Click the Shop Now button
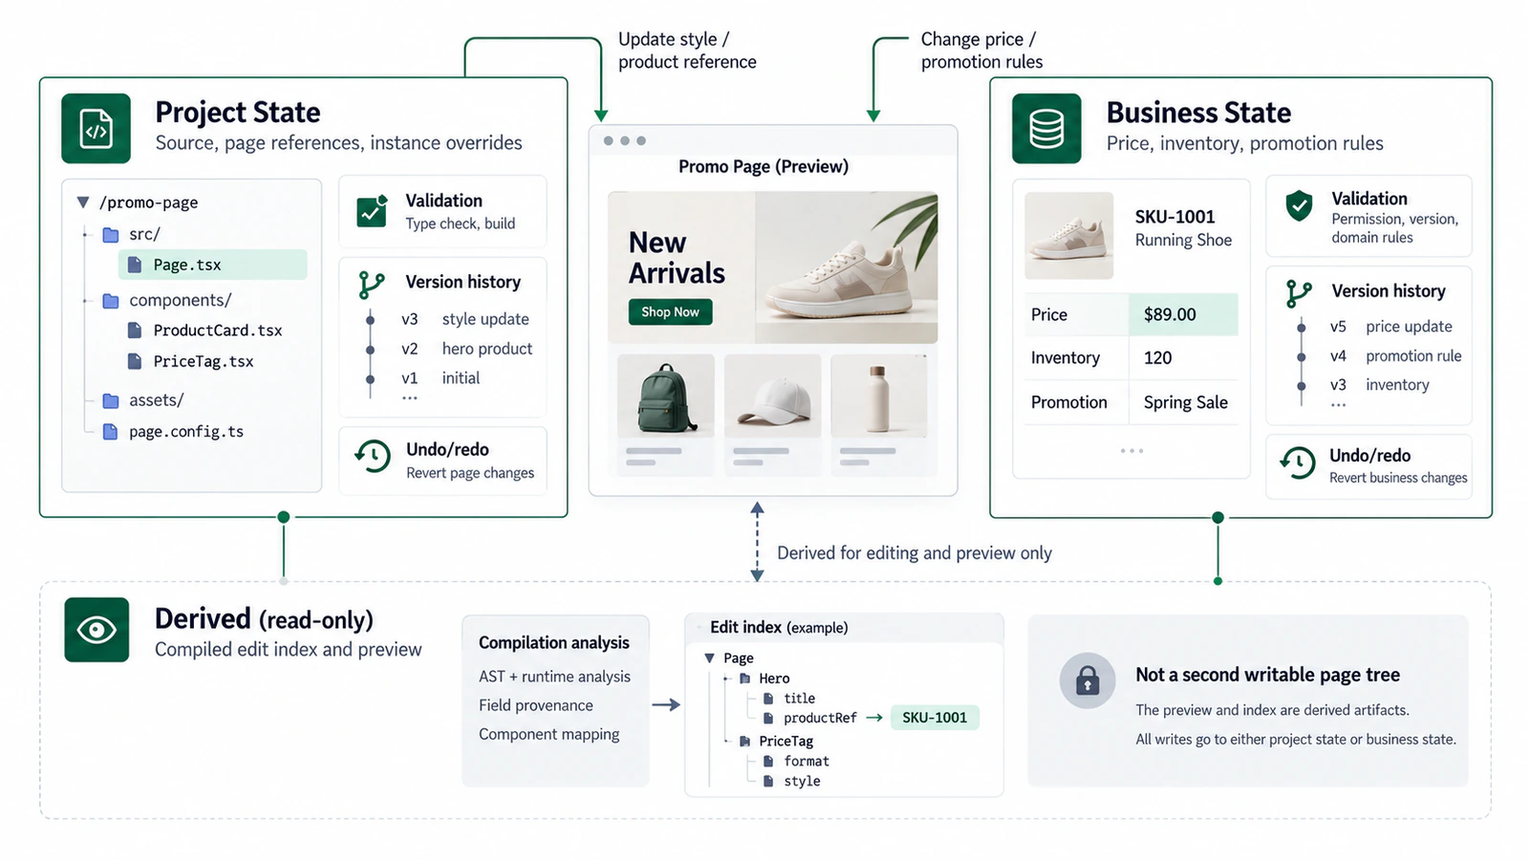coord(670,312)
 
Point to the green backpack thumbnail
coord(665,396)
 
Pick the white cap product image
coord(773,396)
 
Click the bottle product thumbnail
coord(879,396)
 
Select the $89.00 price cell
coord(1183,314)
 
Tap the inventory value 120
coord(1157,357)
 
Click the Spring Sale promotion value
coord(1186,402)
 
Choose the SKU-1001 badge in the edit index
coord(935,718)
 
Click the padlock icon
coord(1088,680)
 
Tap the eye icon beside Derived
coord(97,630)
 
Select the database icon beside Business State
coord(1046,128)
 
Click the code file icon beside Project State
coord(96,128)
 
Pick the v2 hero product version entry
coord(466,349)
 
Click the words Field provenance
coord(536,705)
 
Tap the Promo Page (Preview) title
coord(764,166)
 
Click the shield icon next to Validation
coord(1299,205)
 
